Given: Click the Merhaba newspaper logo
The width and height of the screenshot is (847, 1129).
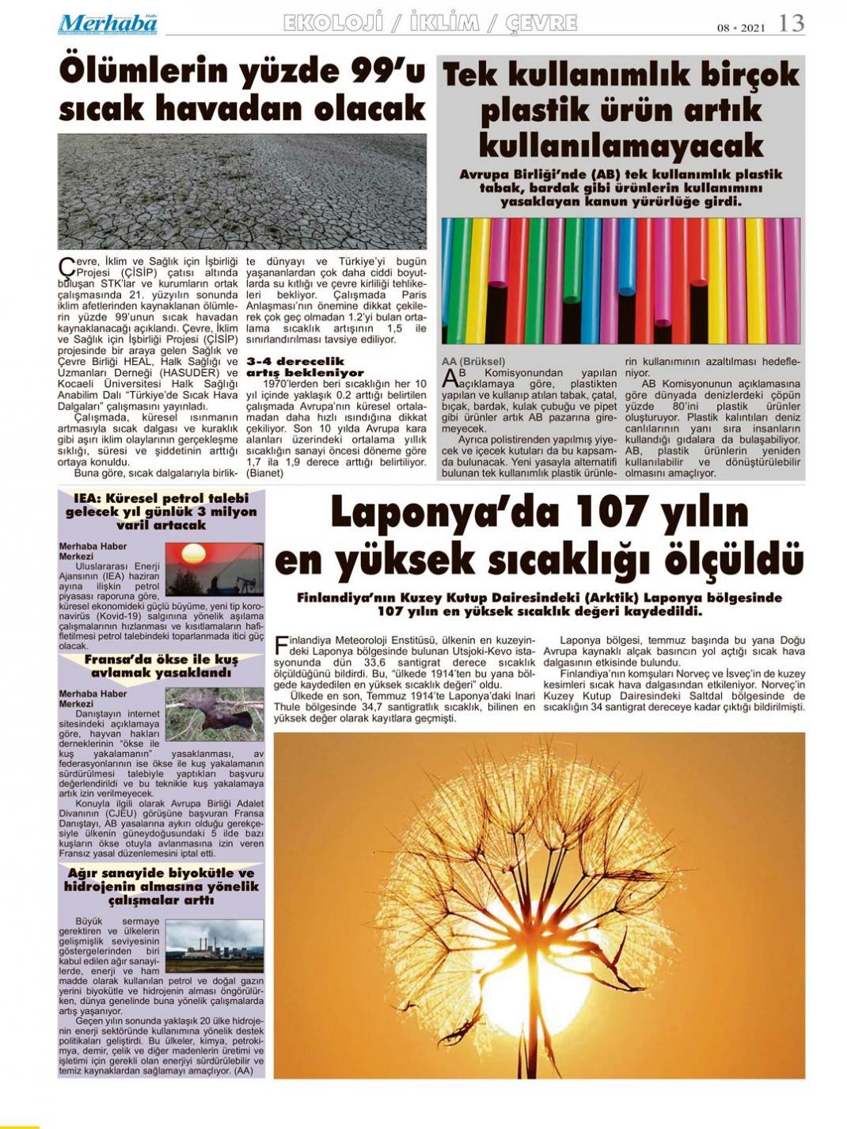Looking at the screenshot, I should click(108, 25).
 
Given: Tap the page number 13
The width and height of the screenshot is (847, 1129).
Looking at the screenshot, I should click(791, 24).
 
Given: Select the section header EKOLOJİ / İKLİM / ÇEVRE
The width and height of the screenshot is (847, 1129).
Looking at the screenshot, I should click(430, 23).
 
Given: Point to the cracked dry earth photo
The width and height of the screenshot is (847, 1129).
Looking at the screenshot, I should click(241, 191).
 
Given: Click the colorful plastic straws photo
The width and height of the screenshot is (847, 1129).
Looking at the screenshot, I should click(621, 280).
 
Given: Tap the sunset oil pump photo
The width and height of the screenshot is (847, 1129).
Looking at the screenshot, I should click(214, 568).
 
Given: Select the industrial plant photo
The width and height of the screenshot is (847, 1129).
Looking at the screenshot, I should click(214, 945).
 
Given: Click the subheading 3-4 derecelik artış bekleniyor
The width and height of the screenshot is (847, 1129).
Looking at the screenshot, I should click(305, 367).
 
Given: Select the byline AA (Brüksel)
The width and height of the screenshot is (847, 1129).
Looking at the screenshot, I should click(473, 361).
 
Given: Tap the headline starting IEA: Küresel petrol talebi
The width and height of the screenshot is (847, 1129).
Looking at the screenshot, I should click(161, 511).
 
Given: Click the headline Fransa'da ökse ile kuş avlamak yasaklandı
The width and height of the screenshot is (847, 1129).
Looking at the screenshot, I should click(161, 666).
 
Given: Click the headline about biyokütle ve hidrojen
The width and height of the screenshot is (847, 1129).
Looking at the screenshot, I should click(161, 887).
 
